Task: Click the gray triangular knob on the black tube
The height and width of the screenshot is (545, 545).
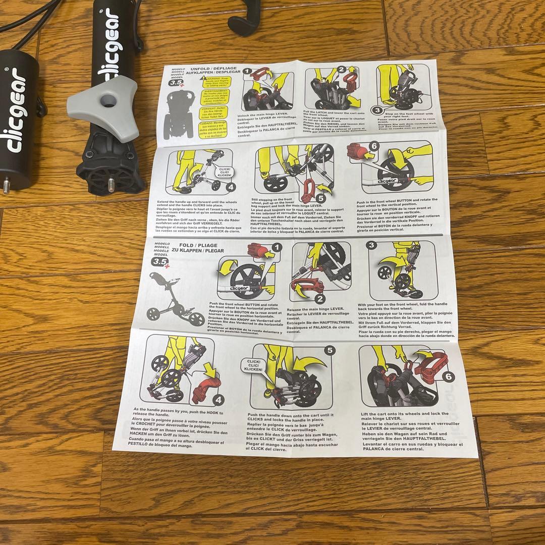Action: click(104, 109)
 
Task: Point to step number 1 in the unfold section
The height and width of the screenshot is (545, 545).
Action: click(246, 72)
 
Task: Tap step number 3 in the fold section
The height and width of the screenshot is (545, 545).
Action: click(372, 245)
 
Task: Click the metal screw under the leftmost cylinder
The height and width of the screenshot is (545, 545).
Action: click(6, 187)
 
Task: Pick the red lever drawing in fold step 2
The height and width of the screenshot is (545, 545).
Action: click(307, 287)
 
